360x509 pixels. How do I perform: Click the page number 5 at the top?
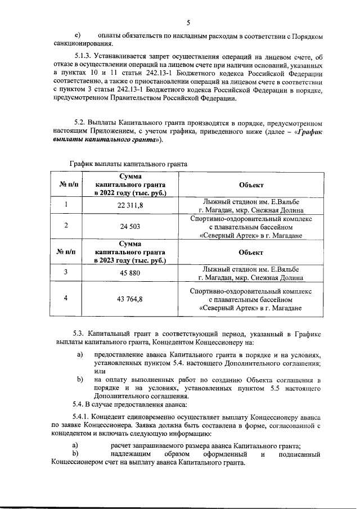(188, 22)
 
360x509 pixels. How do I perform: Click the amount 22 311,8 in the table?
(130, 205)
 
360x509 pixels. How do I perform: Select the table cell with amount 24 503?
(130, 226)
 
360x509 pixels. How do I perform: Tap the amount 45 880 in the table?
(130, 272)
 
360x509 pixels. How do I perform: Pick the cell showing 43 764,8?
(130, 299)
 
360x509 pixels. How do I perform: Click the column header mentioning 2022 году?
(130, 184)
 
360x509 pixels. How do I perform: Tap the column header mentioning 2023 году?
(130, 252)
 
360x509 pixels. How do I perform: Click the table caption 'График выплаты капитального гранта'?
(128, 164)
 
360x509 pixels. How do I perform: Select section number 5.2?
(82, 123)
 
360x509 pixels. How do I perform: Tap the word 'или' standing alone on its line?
(100, 371)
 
